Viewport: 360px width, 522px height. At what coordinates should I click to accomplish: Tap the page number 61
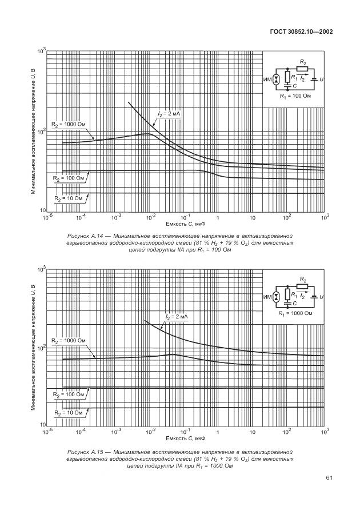(329, 477)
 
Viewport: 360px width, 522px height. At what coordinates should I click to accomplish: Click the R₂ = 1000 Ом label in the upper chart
(68, 123)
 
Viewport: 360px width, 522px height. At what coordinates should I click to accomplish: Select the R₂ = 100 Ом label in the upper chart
(68, 178)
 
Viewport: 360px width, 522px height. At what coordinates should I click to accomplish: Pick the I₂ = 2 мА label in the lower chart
(177, 316)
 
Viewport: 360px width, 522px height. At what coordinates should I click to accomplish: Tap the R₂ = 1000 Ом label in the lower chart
(68, 341)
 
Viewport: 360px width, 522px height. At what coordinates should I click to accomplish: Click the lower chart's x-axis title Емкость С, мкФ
(186, 438)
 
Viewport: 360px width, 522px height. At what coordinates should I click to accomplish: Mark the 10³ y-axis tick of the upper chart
(42, 51)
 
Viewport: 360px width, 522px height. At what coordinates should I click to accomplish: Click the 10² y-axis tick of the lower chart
(42, 347)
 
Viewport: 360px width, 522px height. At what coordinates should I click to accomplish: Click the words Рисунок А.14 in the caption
(85, 235)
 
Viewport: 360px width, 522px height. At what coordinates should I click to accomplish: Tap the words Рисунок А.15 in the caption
(85, 451)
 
